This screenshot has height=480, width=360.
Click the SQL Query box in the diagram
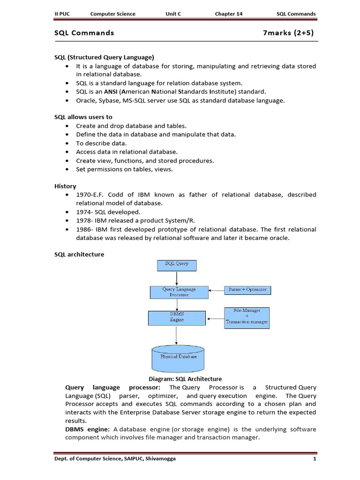click(177, 265)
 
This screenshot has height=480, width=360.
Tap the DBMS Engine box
click(177, 318)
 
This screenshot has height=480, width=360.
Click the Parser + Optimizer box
click(247, 290)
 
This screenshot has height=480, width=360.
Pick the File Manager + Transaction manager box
click(247, 317)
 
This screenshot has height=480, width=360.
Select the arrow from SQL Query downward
click(177, 278)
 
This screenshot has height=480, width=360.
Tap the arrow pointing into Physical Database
click(177, 336)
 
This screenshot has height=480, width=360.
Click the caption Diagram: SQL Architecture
click(185, 379)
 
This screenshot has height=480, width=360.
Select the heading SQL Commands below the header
click(84, 33)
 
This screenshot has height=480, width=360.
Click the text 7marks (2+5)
click(288, 33)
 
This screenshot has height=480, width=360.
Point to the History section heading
click(65, 186)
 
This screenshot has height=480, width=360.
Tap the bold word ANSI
click(111, 92)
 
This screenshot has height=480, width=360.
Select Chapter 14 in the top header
click(229, 14)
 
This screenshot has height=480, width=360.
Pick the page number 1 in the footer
click(315, 459)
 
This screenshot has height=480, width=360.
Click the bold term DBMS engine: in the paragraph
click(88, 429)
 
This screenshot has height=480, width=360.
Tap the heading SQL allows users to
click(83, 117)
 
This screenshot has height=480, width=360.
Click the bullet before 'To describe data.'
click(68, 143)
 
